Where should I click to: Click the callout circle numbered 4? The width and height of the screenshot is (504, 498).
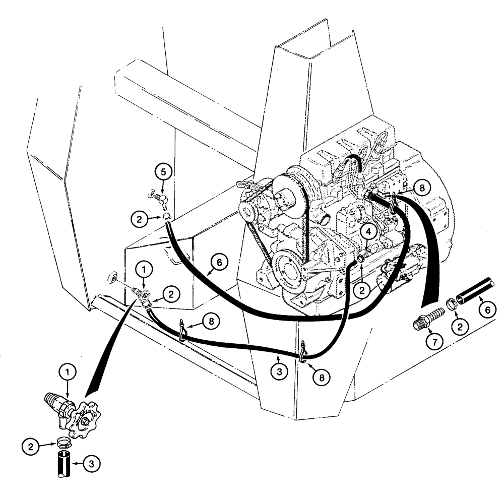pos(369,231)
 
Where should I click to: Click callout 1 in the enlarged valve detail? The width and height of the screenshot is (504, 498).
pos(70,372)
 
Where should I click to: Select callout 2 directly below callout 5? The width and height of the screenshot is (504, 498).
pos(139,219)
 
